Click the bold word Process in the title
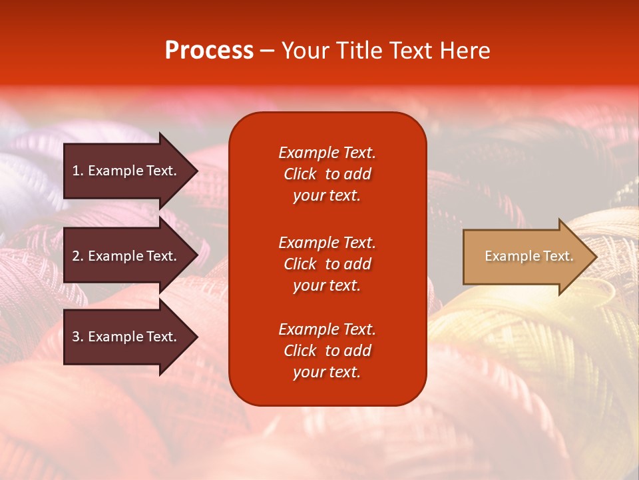[x=209, y=51]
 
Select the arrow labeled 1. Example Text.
[x=126, y=171]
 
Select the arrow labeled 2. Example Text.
[x=126, y=256]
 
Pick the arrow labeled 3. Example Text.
[x=126, y=337]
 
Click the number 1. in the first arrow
[x=77, y=171]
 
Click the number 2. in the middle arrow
[x=77, y=256]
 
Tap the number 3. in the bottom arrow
[x=77, y=337]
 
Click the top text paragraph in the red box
[x=327, y=174]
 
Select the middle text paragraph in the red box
[x=327, y=264]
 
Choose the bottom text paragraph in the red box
[x=327, y=351]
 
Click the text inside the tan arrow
[x=529, y=256]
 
